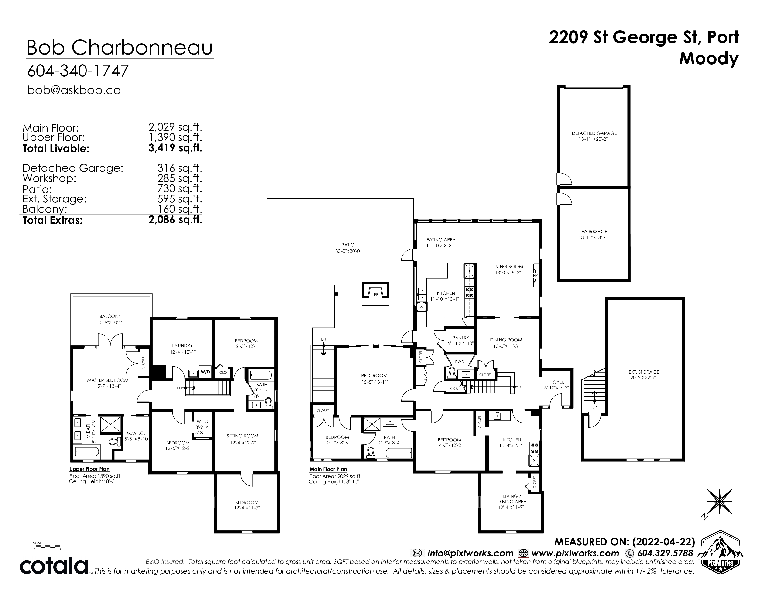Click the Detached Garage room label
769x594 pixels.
(x=594, y=133)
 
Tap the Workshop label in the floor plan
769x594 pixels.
(x=594, y=232)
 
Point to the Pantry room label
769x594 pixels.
(x=460, y=338)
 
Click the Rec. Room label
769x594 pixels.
(x=374, y=376)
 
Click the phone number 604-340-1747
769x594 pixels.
(x=78, y=71)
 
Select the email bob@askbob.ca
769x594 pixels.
(x=74, y=90)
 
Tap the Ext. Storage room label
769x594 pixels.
(x=644, y=372)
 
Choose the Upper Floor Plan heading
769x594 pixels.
(x=89, y=469)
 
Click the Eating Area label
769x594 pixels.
(x=441, y=240)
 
